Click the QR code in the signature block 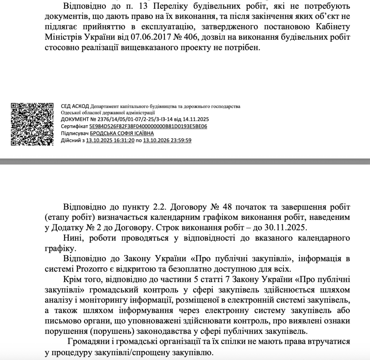tap(33, 124)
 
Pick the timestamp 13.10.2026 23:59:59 tap(167, 140)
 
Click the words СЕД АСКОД tap(75, 106)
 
